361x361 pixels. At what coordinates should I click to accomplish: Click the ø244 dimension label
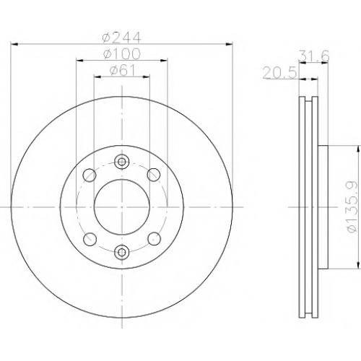[x=121, y=37]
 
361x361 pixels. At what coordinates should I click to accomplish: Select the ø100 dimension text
[x=121, y=53]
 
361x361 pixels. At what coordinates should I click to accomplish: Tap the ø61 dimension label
[x=122, y=70]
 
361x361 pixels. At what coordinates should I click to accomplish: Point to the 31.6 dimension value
[x=313, y=56]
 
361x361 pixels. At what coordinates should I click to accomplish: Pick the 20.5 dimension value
[x=279, y=73]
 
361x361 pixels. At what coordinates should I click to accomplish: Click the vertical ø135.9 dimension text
[x=352, y=207]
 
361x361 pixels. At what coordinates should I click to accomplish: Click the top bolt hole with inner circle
[x=122, y=161]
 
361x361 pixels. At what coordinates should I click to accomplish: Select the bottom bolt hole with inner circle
[x=122, y=252]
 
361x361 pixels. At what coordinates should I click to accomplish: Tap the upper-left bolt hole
[x=90, y=175]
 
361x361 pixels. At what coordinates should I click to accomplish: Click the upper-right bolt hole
[x=154, y=175]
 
